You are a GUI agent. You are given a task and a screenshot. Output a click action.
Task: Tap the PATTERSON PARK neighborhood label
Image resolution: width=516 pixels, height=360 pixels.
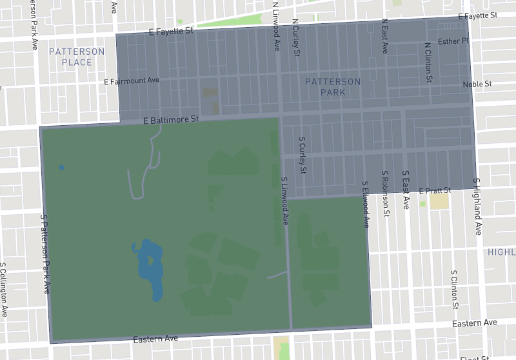[x=333, y=86]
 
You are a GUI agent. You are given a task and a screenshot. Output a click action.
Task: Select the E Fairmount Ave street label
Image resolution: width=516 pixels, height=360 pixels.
[x=132, y=81]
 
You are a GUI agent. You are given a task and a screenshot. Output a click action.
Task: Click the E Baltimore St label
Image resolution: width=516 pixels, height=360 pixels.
[x=171, y=120]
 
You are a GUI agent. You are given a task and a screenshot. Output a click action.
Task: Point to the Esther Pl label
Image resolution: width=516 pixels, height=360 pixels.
[x=454, y=42]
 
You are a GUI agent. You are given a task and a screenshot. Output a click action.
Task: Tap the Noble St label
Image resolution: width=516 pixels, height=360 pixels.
[x=477, y=85]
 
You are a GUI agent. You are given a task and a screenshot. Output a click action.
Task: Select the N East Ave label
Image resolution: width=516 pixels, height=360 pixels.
[x=384, y=35]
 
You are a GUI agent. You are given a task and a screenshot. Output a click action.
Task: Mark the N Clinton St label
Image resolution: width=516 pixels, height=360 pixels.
[x=428, y=63]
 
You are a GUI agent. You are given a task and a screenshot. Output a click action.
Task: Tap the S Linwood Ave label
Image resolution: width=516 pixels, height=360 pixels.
[x=284, y=201]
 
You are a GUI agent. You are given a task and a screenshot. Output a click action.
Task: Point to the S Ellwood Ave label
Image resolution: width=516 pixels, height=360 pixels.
[x=365, y=205]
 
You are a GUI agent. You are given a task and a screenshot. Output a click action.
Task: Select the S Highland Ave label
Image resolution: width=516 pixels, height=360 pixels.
[x=477, y=206]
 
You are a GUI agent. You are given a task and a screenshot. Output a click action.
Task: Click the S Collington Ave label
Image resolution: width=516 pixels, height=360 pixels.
[x=4, y=289]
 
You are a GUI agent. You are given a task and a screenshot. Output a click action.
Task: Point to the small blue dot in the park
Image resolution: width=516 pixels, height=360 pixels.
[x=61, y=168]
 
